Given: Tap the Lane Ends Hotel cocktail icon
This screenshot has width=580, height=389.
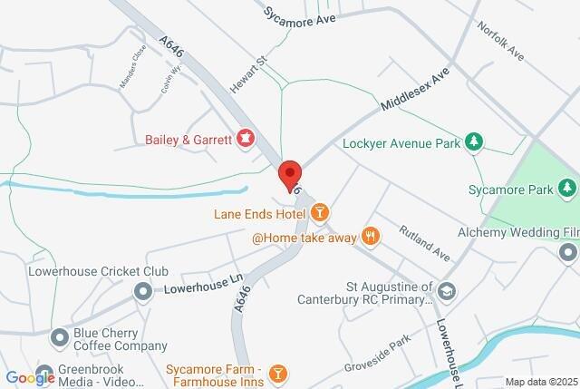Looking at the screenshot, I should click(x=319, y=213).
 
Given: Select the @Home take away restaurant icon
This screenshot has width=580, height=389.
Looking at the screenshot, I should click(x=370, y=237).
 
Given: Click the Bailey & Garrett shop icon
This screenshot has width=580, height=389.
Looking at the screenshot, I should click(x=245, y=139).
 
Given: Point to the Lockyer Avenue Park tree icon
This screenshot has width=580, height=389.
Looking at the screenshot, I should click(x=472, y=141).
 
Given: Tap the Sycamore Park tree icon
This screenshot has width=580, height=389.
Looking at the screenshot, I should click(x=567, y=189).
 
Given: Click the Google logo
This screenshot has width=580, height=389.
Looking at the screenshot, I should click(x=30, y=377).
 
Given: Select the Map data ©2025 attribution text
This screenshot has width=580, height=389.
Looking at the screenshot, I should click(x=540, y=382).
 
